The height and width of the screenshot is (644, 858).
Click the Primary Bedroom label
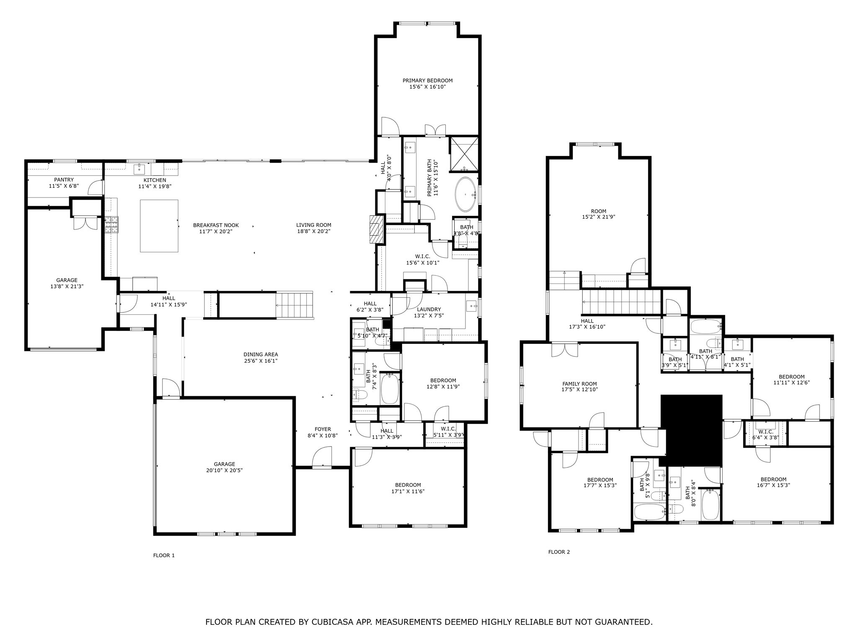427,80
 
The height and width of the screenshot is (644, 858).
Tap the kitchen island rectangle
159,226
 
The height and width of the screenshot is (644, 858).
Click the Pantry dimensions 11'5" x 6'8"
64,186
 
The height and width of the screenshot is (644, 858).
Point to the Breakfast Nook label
216,225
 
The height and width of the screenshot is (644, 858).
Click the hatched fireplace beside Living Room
377,229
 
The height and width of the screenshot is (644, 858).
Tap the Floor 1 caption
164,556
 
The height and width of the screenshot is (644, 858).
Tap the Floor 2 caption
559,552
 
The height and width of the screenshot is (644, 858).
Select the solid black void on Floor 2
691,430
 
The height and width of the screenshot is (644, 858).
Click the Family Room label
579,384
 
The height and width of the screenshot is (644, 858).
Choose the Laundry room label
429,309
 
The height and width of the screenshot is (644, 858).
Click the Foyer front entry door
322,458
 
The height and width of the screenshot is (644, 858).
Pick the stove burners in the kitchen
111,224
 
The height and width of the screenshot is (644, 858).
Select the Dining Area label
261,354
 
